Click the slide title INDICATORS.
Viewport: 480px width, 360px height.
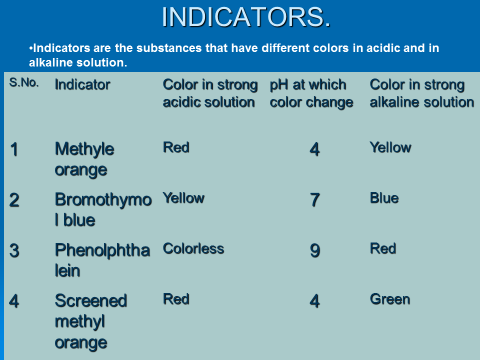pos(246,17)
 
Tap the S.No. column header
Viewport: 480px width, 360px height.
pos(24,82)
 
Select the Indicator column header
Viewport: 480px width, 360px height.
pos(82,84)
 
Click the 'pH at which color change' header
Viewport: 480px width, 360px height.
pos(311,93)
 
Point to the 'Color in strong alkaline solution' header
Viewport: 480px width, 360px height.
pos(422,93)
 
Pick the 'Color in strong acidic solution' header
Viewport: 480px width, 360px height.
pos(210,93)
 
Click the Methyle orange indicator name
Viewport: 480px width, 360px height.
pos(84,159)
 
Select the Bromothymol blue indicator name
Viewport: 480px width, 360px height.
pos(103,209)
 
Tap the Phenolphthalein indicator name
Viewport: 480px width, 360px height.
pos(102,260)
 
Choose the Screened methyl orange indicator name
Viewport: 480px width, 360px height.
pos(91,321)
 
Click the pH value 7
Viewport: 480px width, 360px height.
pos(314,200)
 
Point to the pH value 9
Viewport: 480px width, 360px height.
pos(314,250)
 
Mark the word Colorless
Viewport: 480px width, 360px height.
pos(193,248)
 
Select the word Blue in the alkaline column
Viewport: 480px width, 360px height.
pos(384,198)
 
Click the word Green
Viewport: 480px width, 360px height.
pos(389,299)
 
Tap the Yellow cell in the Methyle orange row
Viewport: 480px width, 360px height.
pos(390,147)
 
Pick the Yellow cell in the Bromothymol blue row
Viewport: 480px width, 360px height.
pos(183,198)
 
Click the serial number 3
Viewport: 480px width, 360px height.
pos(14,250)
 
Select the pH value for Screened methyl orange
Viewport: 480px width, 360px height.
pos(314,301)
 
